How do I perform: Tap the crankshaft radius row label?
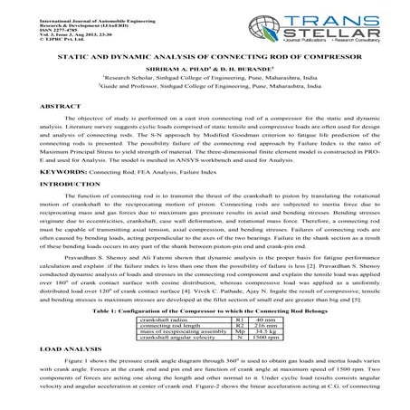175,294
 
